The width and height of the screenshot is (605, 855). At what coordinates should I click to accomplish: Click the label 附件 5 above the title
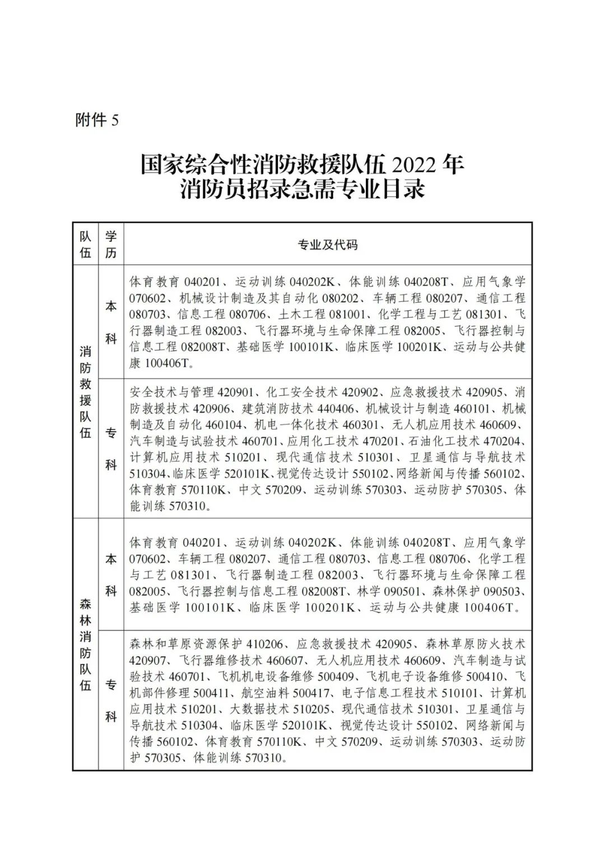coord(97,120)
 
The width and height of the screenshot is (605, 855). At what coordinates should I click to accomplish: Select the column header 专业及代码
coord(328,245)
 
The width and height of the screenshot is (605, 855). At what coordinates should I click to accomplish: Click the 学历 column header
coord(111,245)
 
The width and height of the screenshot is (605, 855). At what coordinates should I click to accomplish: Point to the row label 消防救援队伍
coord(85,392)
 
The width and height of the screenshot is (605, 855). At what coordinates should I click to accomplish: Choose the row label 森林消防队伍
coord(85,644)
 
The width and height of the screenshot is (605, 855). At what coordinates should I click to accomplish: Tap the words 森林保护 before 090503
coord(456,591)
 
